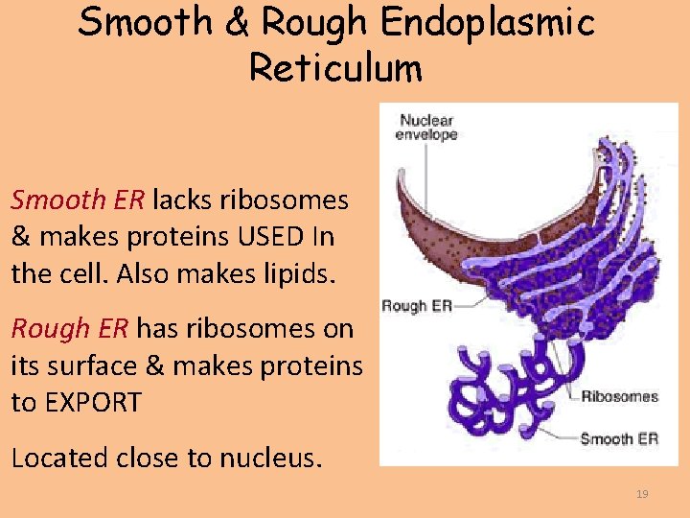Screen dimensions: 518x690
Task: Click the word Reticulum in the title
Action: click(334, 68)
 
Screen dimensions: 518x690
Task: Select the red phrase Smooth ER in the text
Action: click(77, 200)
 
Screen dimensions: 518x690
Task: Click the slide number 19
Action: click(642, 494)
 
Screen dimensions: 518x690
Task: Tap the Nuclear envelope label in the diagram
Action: click(427, 128)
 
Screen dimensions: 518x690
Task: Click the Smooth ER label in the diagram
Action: click(619, 439)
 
